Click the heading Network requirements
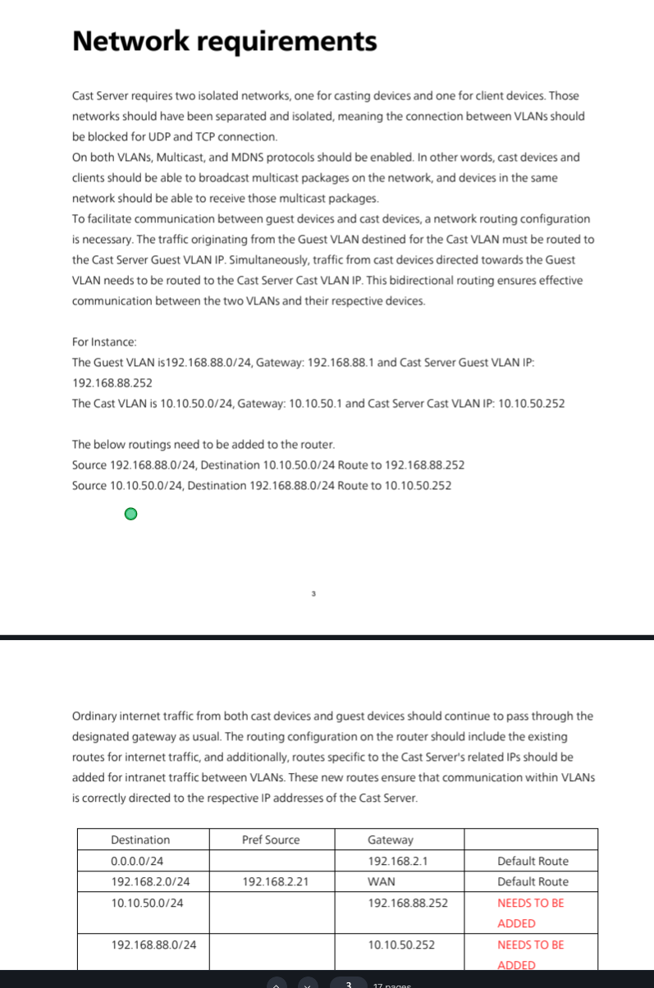point(224,41)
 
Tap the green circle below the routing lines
point(130,515)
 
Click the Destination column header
point(140,839)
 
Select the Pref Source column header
point(271,839)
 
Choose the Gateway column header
point(391,839)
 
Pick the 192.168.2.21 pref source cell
point(276,881)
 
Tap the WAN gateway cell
point(382,881)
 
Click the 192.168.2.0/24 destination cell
point(150,881)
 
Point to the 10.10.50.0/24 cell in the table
point(147,903)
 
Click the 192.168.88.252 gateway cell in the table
point(408,903)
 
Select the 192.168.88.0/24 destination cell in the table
point(153,945)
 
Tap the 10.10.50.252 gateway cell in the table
point(401,945)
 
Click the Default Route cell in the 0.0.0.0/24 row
point(533,861)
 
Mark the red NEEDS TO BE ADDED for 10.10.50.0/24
point(530,912)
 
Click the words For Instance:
point(104,341)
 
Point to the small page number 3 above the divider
point(313,593)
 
